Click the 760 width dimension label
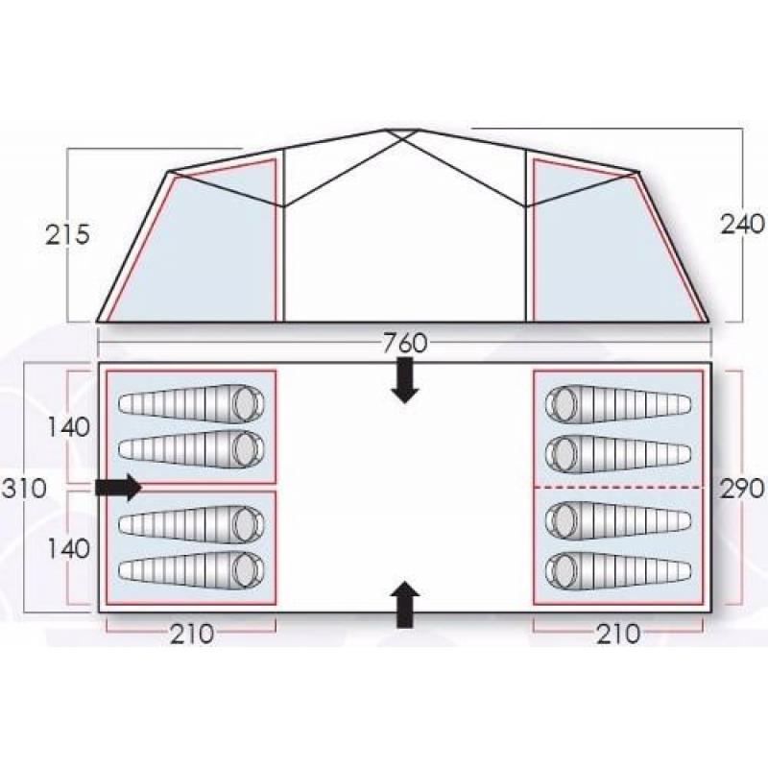405,343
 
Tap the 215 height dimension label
67,234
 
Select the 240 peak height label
742,225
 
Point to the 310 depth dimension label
25,489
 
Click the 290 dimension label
742,489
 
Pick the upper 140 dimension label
68,427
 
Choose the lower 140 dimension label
68,548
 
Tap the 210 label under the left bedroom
192,634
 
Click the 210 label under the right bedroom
618,634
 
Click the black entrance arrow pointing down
404,380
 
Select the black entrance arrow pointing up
404,605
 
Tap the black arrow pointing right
118,488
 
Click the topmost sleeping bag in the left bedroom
191,403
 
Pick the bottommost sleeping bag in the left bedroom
191,570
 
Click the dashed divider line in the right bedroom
618,488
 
